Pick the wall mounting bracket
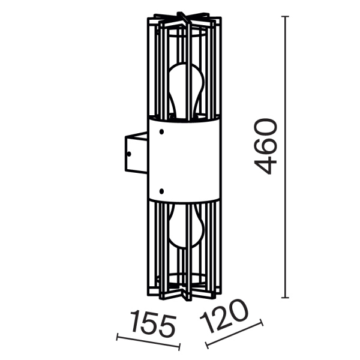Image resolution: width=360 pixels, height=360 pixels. pyautogui.click(x=135, y=154)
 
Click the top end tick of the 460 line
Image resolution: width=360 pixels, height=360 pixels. pyautogui.click(x=286, y=17)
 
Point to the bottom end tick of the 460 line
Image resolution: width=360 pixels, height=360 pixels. pyautogui.click(x=286, y=298)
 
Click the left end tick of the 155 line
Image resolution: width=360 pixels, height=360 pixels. pyautogui.click(x=118, y=337)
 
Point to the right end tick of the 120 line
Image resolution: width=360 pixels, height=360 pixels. pyautogui.click(x=262, y=323)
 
